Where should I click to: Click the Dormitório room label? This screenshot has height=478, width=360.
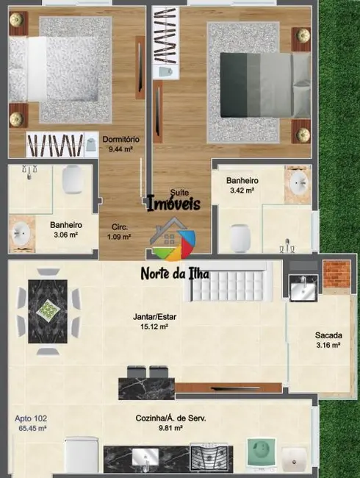(x=121, y=139)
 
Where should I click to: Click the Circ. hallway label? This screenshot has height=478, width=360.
(x=120, y=227)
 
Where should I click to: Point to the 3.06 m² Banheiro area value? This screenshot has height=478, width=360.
(x=65, y=235)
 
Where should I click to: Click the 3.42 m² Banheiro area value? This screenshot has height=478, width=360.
(x=240, y=190)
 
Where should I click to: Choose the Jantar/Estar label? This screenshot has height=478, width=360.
(x=154, y=318)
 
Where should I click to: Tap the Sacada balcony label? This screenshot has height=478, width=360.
(x=327, y=335)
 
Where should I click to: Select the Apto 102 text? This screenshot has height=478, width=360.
(x=30, y=418)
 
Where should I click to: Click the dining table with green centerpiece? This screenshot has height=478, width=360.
(x=48, y=309)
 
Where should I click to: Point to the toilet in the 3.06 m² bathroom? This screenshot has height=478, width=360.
(x=72, y=179)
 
